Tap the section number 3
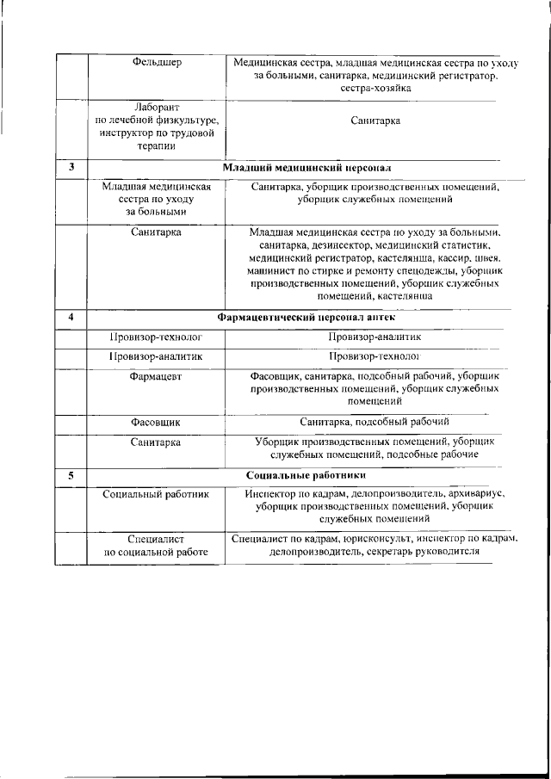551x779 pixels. pyautogui.click(x=71, y=166)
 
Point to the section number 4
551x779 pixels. pyautogui.click(x=71, y=318)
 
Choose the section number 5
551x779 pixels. pyautogui.click(x=71, y=474)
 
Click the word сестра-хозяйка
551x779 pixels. pyautogui.click(x=375, y=88)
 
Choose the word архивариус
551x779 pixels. pyautogui.click(x=474, y=494)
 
